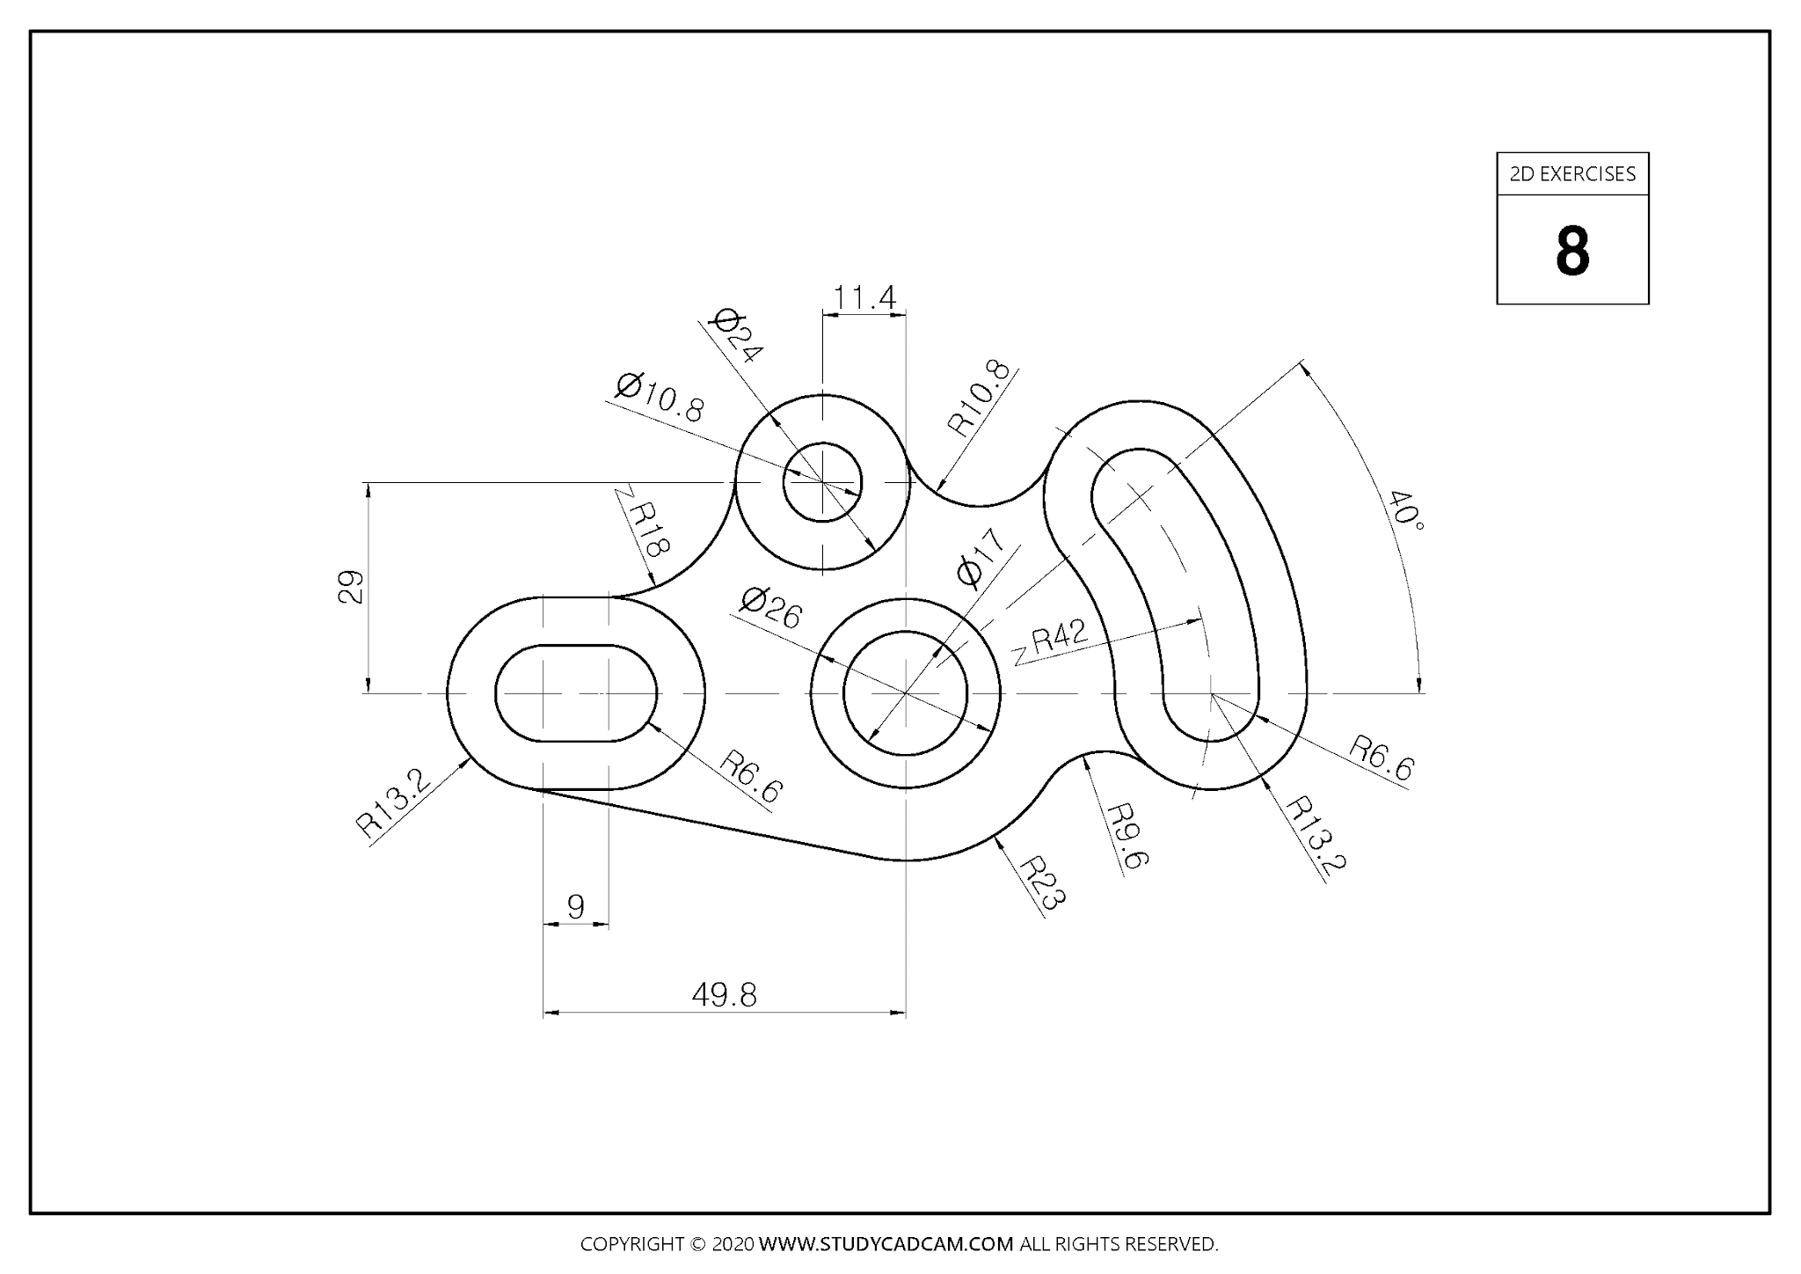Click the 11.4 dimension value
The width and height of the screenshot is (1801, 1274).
pyautogui.click(x=864, y=298)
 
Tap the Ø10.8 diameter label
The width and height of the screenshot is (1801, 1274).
pyautogui.click(x=660, y=398)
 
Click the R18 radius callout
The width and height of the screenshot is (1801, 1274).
pyautogui.click(x=649, y=530)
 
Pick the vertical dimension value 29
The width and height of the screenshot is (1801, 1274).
pyautogui.click(x=350, y=587)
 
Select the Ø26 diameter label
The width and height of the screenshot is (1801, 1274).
pyautogui.click(x=770, y=608)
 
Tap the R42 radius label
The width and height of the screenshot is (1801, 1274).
pyautogui.click(x=1058, y=635)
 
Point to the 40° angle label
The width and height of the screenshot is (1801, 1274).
pyautogui.click(x=1405, y=510)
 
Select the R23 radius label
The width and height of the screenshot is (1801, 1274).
pyautogui.click(x=1043, y=882)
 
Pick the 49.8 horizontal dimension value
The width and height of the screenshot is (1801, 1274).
pyautogui.click(x=724, y=995)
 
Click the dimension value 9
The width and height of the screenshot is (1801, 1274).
pyautogui.click(x=576, y=905)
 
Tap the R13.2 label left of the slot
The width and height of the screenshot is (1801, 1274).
pyautogui.click(x=393, y=802)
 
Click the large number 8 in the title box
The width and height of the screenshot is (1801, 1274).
pyautogui.click(x=1572, y=252)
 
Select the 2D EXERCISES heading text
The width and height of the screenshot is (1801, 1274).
pyautogui.click(x=1572, y=174)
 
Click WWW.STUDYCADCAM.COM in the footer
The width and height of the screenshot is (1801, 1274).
pyautogui.click(x=886, y=1244)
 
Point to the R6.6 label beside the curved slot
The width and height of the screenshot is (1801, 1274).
pyautogui.click(x=1381, y=758)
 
